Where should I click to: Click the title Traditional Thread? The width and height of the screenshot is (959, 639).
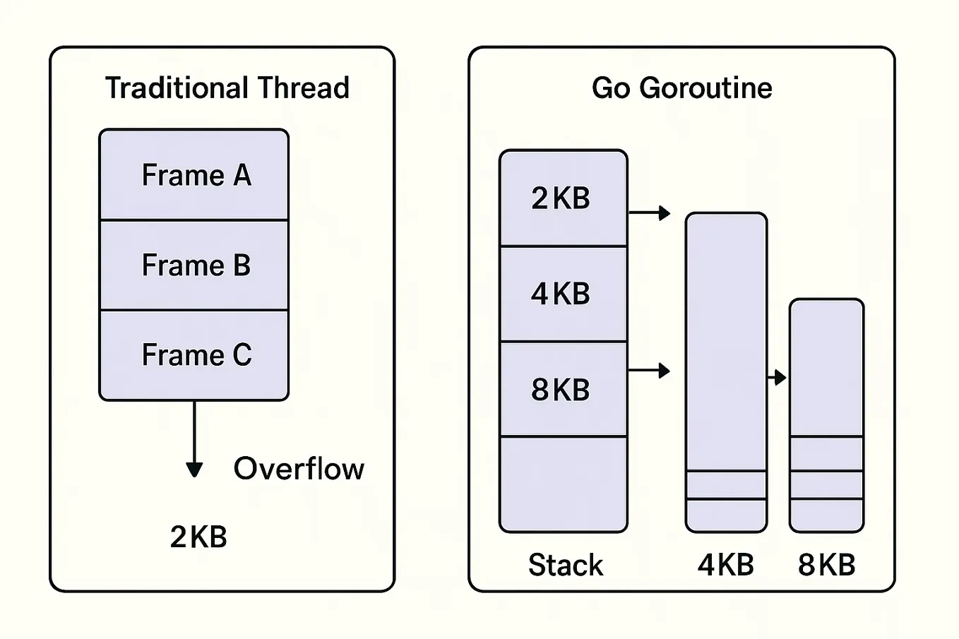227,88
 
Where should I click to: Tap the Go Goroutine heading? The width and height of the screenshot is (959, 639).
681,88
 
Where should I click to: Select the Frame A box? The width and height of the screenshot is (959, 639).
194,174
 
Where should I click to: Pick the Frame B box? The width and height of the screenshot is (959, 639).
194,265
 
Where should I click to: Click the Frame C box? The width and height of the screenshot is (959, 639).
194,354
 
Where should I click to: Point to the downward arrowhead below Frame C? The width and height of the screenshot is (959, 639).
194,470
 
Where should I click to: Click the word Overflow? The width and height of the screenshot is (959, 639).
299,469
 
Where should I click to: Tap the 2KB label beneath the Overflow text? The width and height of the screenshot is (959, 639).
198,537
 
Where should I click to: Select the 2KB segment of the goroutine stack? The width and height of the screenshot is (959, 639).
563,198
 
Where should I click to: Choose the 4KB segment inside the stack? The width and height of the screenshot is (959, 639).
563,294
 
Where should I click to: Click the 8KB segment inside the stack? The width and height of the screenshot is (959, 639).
563,389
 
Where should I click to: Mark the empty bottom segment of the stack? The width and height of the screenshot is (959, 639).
563,484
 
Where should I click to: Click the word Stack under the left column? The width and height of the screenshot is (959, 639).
566,565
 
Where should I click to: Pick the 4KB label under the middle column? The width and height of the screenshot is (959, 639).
726,565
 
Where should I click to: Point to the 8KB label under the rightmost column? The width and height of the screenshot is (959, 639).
826,565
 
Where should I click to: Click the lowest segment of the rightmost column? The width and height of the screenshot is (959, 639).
826,515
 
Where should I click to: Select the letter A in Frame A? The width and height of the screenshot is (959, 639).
242,175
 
